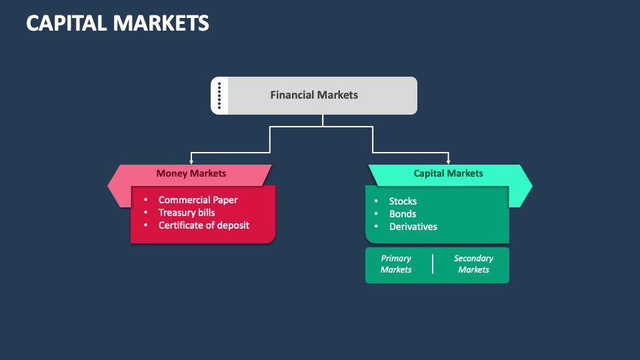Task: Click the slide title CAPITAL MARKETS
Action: click(117, 23)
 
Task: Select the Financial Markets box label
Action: click(314, 95)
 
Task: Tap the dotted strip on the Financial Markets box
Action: click(219, 95)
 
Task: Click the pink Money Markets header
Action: click(191, 173)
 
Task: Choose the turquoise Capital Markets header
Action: click(448, 173)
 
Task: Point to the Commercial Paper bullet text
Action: click(198, 200)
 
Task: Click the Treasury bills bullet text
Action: click(187, 213)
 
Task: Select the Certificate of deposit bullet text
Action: click(204, 225)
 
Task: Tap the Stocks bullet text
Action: click(403, 201)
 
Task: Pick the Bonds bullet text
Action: click(403, 214)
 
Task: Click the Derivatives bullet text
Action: click(413, 227)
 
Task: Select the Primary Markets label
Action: click(396, 264)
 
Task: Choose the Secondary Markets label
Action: click(473, 264)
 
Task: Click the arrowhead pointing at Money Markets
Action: click(191, 161)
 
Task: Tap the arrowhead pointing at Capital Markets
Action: click(449, 161)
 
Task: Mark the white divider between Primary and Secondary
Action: click(433, 264)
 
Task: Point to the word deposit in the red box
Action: click(233, 225)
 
